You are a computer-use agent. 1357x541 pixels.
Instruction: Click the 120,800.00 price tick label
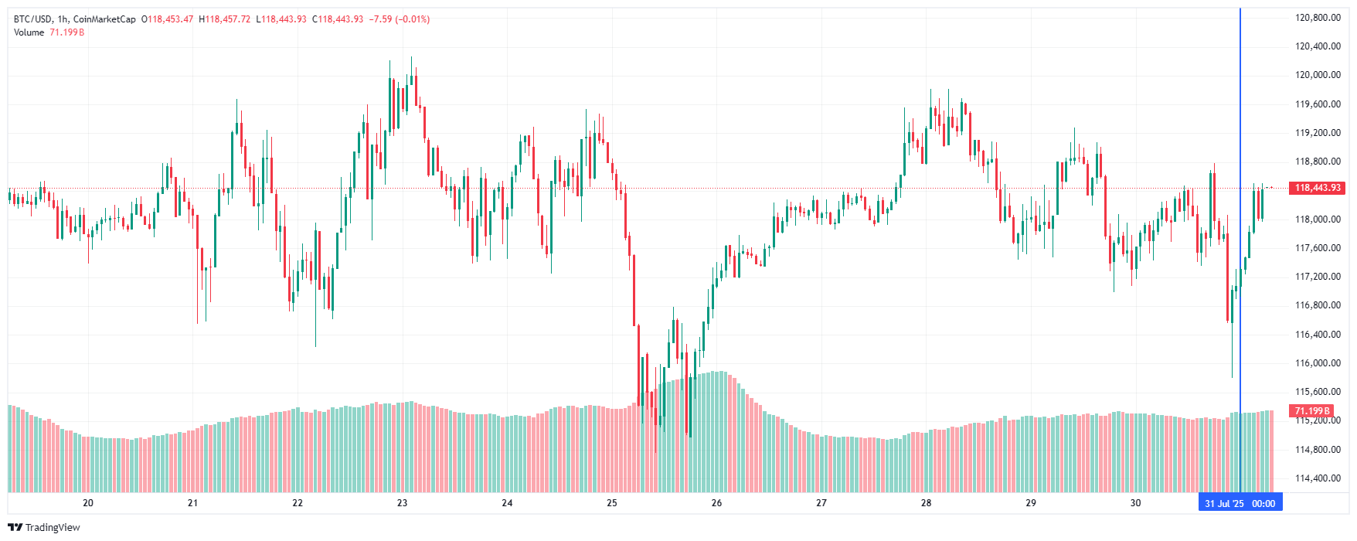click(x=1317, y=18)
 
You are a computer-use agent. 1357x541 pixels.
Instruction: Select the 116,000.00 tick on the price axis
click(x=1317, y=363)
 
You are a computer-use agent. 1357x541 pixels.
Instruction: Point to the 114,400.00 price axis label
click(x=1317, y=478)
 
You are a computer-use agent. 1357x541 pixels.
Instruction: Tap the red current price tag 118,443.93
click(x=1317, y=188)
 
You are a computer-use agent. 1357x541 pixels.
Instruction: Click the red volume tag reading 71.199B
click(x=1312, y=411)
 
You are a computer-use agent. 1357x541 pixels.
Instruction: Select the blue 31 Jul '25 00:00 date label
click(x=1240, y=503)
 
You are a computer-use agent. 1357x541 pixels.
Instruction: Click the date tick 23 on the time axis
click(x=402, y=503)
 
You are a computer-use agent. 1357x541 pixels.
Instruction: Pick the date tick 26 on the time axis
click(x=716, y=503)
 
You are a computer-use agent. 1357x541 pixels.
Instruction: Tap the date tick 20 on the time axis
click(x=88, y=503)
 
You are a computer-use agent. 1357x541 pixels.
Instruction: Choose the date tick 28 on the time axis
click(x=926, y=503)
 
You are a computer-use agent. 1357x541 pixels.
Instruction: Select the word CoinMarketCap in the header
click(x=104, y=19)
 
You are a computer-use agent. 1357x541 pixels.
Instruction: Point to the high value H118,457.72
click(x=225, y=19)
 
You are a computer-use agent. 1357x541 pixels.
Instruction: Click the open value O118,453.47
click(x=168, y=19)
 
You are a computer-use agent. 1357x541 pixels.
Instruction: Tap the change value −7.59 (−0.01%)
click(x=400, y=19)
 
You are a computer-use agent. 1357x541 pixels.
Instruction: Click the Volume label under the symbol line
click(x=29, y=32)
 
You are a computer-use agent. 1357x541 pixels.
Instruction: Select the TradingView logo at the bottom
click(x=44, y=527)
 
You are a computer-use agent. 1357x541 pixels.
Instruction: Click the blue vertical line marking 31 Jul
click(x=1240, y=232)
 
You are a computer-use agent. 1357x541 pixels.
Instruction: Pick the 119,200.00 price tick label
click(x=1317, y=133)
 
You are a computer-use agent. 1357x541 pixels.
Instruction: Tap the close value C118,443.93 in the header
click(x=338, y=19)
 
